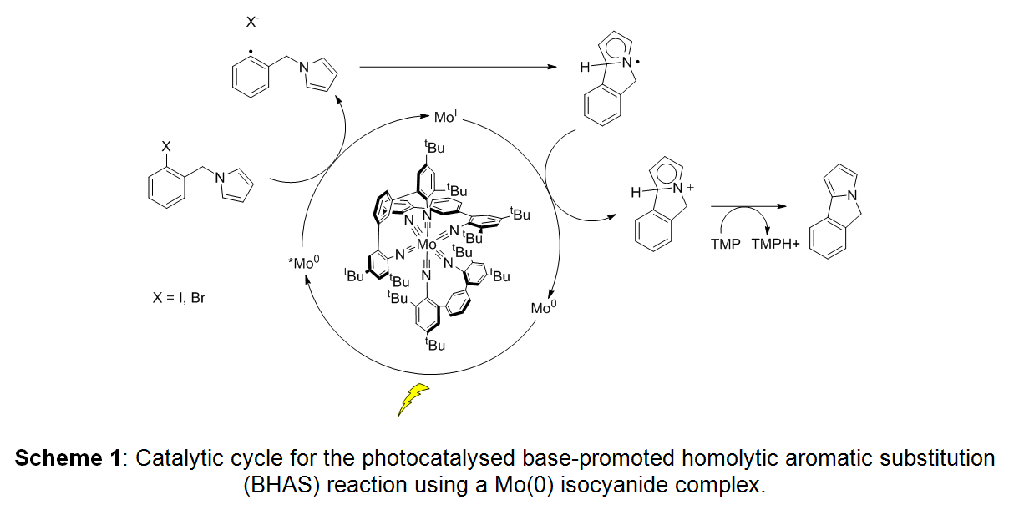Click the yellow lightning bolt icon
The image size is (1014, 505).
[x=413, y=400]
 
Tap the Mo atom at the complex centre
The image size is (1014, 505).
[x=426, y=245]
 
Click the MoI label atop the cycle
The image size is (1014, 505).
[x=444, y=118]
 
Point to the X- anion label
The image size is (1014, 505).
[x=252, y=23]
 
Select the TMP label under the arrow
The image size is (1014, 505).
[x=725, y=245]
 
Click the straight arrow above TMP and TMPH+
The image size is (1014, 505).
[x=749, y=206]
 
